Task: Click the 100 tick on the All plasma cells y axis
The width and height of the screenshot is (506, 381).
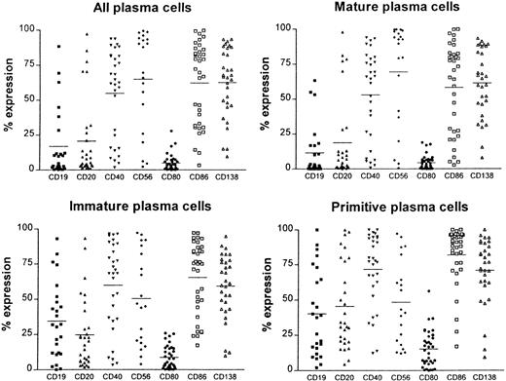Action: click(x=32, y=29)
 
